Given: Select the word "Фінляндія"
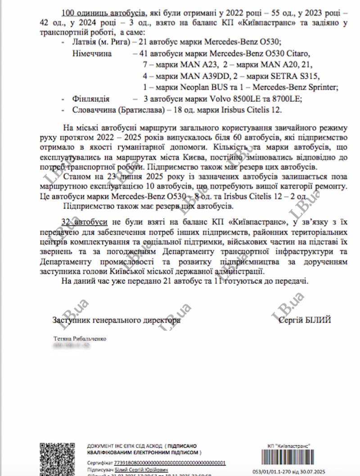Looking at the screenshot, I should tap(90, 98).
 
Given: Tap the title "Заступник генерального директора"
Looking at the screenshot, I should tap(116, 320).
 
